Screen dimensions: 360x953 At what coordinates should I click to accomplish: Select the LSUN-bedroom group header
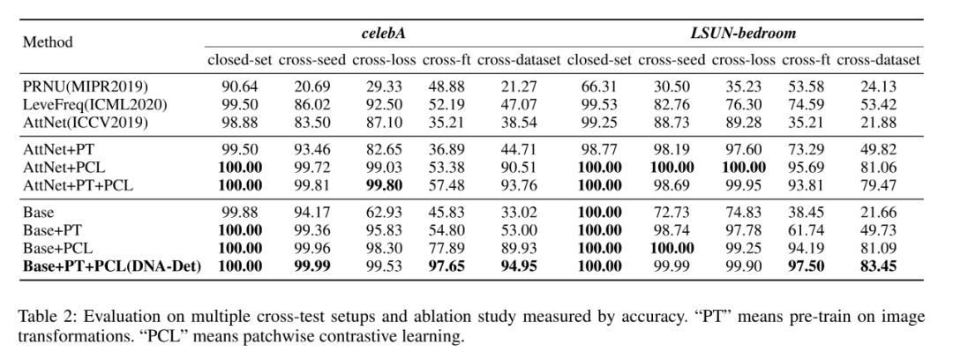tap(744, 33)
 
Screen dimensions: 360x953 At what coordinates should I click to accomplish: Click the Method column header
tap(48, 41)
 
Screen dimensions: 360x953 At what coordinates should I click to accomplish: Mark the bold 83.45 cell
tap(878, 266)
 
